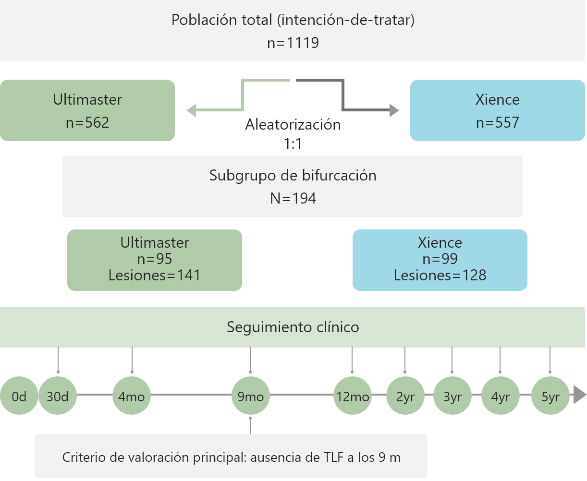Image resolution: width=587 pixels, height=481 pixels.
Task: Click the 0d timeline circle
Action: [19, 397]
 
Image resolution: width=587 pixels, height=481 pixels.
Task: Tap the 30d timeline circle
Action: [58, 397]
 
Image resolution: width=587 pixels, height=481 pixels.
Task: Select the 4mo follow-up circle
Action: [132, 397]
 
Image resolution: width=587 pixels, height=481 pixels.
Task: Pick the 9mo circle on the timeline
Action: [251, 397]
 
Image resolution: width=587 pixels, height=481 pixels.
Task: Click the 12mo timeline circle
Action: [352, 397]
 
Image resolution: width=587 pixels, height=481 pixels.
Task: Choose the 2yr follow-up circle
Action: [405, 397]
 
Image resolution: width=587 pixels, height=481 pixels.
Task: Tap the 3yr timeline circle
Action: [452, 397]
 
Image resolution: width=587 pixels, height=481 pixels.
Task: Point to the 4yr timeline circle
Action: [500, 397]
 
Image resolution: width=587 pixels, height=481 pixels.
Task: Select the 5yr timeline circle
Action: [550, 397]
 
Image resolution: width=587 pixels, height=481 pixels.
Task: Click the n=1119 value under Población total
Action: [293, 43]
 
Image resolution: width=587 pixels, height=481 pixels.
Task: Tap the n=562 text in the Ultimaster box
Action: [87, 122]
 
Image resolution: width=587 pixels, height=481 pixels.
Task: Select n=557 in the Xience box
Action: [498, 122]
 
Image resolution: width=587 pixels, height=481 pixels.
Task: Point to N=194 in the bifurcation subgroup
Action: [293, 198]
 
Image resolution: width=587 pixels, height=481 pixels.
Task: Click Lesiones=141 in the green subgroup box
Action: [154, 275]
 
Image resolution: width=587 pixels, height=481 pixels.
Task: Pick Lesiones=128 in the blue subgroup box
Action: [440, 275]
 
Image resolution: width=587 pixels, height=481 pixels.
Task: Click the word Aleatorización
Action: [293, 125]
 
